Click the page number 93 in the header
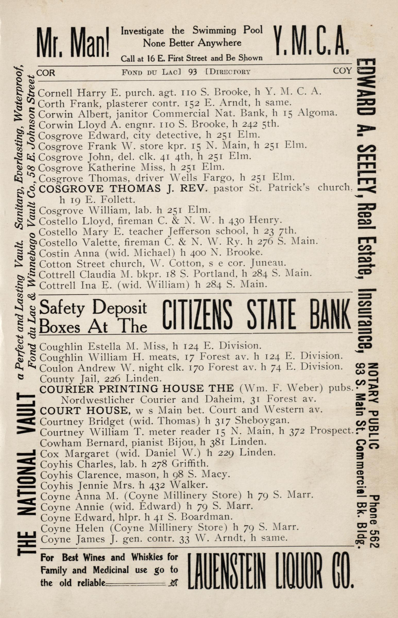[192, 72]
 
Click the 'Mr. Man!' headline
[73, 42]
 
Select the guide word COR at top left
[46, 73]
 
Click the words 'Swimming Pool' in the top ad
[227, 30]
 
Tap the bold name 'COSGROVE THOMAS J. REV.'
[123, 188]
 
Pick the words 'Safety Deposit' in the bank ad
[93, 308]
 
